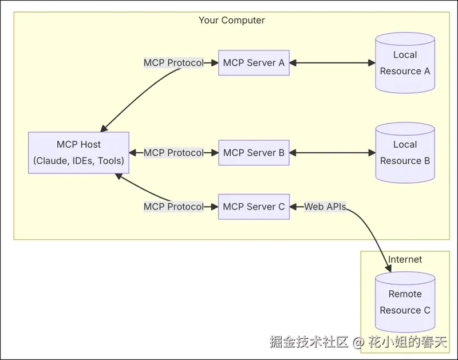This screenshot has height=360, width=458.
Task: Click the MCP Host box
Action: (78, 153)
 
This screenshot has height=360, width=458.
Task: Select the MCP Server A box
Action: (254, 63)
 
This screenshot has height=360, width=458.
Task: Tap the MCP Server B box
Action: (254, 153)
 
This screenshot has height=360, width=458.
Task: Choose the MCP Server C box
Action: (254, 207)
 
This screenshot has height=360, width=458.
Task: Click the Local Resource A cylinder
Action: (405, 64)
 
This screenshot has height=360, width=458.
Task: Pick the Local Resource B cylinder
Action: (405, 153)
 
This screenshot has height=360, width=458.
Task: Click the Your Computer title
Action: (231, 20)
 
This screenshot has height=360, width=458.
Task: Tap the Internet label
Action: (405, 259)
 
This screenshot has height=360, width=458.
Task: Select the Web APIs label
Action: (325, 207)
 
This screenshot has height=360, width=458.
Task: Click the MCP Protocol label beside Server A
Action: (173, 63)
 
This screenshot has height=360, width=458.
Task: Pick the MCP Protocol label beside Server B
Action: (173, 153)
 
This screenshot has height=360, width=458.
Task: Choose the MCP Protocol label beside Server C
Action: (173, 207)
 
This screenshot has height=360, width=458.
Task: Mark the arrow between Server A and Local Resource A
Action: (332, 63)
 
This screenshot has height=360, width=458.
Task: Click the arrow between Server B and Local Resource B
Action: (332, 153)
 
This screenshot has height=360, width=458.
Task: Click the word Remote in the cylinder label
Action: (405, 294)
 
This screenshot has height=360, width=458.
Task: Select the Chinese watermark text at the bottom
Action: (357, 342)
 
